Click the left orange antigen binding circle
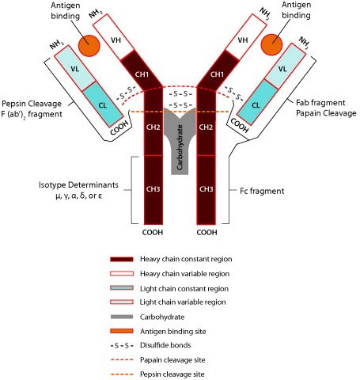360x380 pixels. (90, 45)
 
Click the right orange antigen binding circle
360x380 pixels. (271, 45)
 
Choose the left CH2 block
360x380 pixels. (153, 126)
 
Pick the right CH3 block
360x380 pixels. (207, 189)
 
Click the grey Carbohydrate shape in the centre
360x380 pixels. (180, 142)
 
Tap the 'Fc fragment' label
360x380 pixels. (262, 191)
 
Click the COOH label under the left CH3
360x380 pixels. (153, 234)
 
